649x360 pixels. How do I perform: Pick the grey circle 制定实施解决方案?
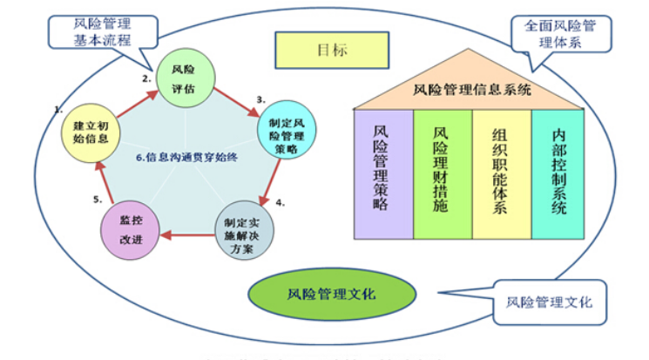pyautogui.click(x=243, y=233)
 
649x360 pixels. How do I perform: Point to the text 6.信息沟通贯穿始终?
pyautogui.click(x=185, y=157)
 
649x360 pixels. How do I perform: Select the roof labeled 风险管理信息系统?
pyautogui.click(x=467, y=88)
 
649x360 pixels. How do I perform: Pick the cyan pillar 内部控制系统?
pyautogui.click(x=558, y=173)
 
